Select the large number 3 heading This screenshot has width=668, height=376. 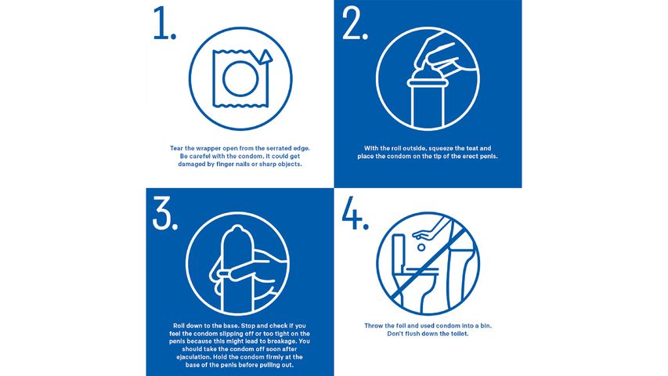point(163,214)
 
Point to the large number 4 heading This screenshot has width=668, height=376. point(355,213)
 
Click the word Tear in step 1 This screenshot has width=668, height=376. point(179,147)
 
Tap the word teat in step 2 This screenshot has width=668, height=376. point(480,147)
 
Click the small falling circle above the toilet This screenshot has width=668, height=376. point(421,245)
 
